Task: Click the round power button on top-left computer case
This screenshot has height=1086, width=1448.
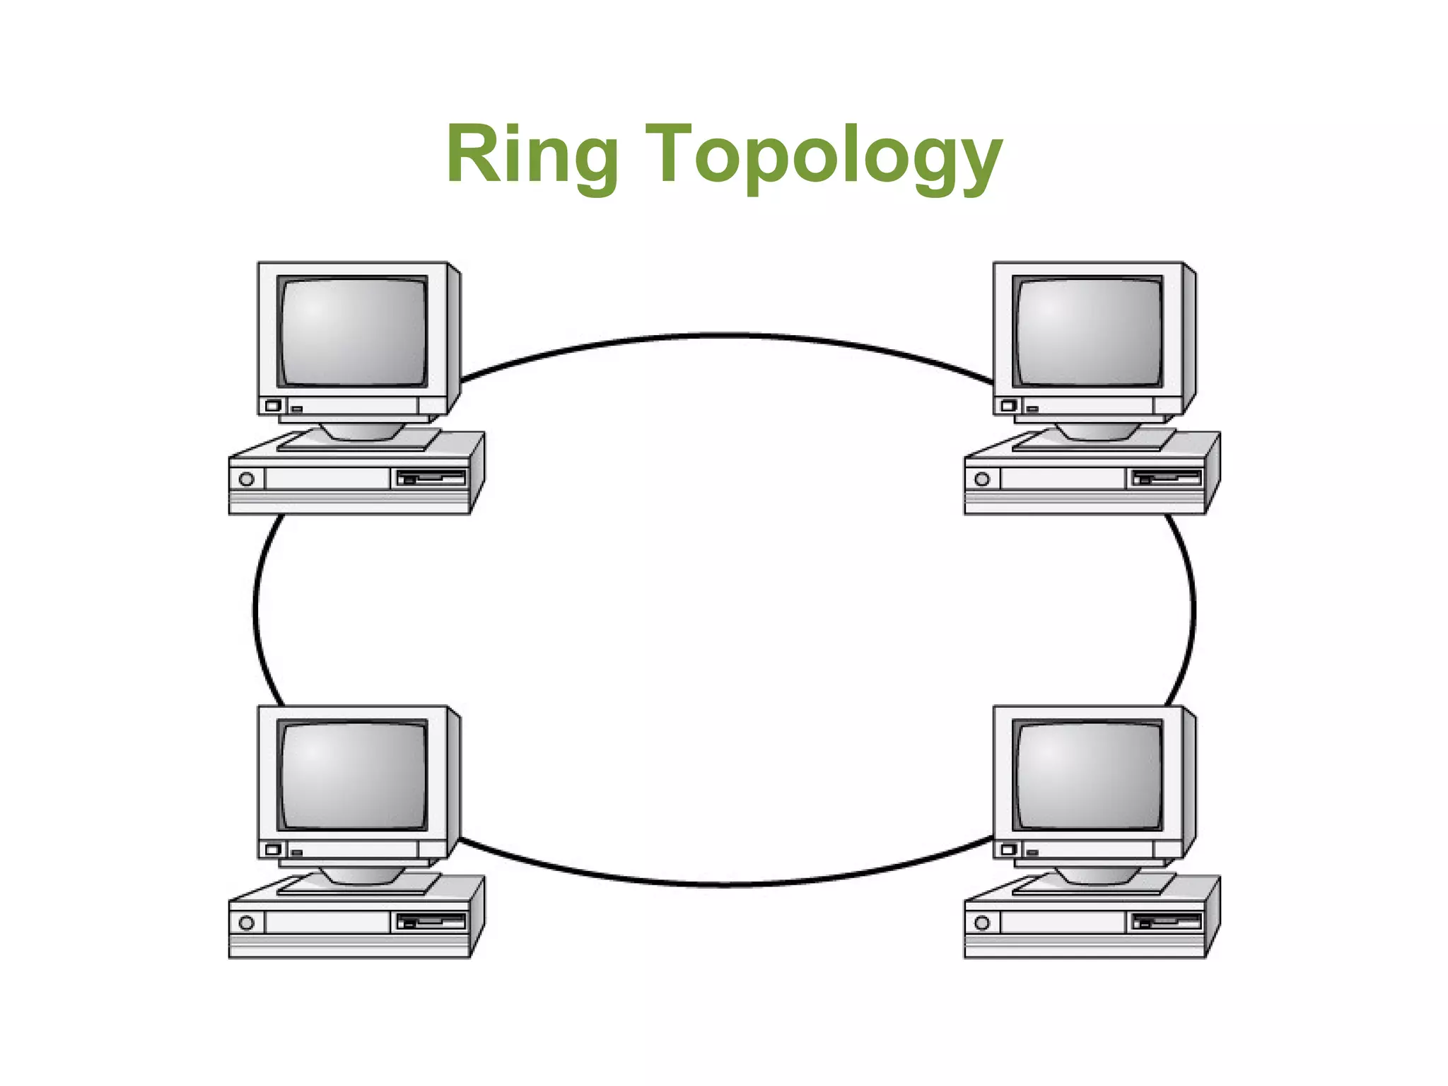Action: point(247,479)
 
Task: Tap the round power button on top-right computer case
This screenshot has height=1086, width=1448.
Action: point(982,479)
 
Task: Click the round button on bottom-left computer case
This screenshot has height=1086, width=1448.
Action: point(247,923)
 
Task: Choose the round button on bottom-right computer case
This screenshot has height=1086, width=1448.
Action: point(982,923)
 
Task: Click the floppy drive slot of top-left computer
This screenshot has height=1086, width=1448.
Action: point(431,478)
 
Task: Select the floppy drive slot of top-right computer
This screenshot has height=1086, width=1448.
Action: point(1166,478)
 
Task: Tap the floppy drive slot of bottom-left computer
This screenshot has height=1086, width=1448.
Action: point(431,921)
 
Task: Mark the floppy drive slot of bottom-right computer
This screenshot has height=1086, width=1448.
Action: point(1166,921)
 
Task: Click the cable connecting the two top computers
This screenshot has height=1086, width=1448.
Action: point(728,335)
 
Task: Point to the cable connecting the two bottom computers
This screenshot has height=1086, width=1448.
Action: point(728,884)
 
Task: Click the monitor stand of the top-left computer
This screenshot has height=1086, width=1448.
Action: point(362,431)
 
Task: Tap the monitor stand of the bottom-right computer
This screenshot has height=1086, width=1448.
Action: point(1097,875)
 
